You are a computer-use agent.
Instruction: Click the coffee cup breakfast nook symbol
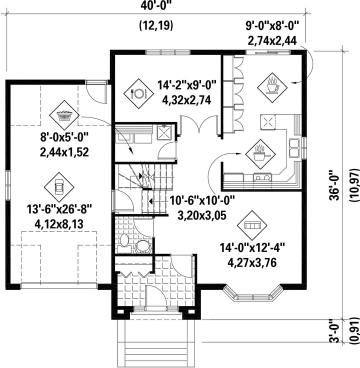coord(272,87)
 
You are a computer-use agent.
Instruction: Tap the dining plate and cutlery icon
coord(138,93)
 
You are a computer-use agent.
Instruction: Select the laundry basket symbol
coord(64,115)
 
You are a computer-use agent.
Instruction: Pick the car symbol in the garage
coord(59,187)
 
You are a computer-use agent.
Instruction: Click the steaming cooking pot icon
coord(260,154)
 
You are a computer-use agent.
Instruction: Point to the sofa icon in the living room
coord(252,225)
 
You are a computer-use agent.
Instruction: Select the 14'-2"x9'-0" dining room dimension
coord(186,84)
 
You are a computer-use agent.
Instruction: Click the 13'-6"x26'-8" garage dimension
coord(59,209)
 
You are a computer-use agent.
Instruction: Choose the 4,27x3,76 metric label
coord(252,262)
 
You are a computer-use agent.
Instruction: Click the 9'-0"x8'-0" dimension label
coord(272,25)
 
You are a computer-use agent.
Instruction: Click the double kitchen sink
coord(294,148)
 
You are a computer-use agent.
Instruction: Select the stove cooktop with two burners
coord(262,176)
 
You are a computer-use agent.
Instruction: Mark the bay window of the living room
coord(252,293)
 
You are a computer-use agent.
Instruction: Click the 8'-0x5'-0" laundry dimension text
coord(64,137)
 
